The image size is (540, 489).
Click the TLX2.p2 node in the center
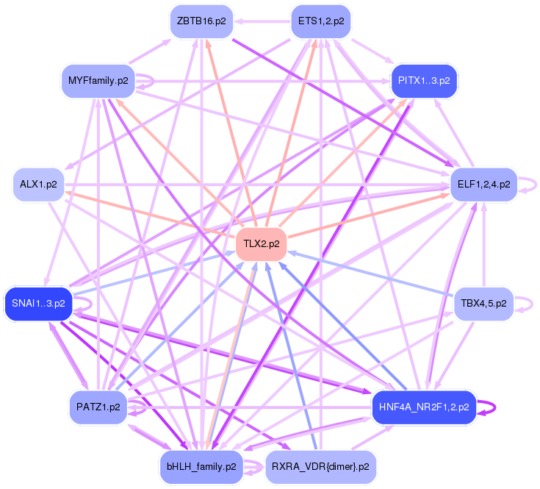262,244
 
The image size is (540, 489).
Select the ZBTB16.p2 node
201,21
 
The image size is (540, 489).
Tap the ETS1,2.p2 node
321,21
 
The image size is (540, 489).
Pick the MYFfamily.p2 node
98,81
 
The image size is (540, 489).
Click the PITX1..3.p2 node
424,81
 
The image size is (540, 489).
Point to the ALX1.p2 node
38,185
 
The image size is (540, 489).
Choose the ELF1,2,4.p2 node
484,185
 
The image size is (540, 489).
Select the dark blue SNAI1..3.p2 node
38,304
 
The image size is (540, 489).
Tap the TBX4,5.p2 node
484,304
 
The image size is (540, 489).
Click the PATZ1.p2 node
98,407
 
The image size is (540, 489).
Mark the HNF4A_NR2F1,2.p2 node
424,407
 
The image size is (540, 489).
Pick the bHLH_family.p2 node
201,467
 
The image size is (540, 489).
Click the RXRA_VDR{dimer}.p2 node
321,467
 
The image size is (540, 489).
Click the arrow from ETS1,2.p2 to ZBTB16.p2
262,21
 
